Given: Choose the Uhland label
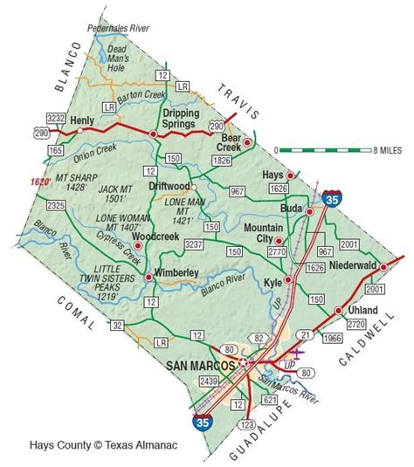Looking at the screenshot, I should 362,311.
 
